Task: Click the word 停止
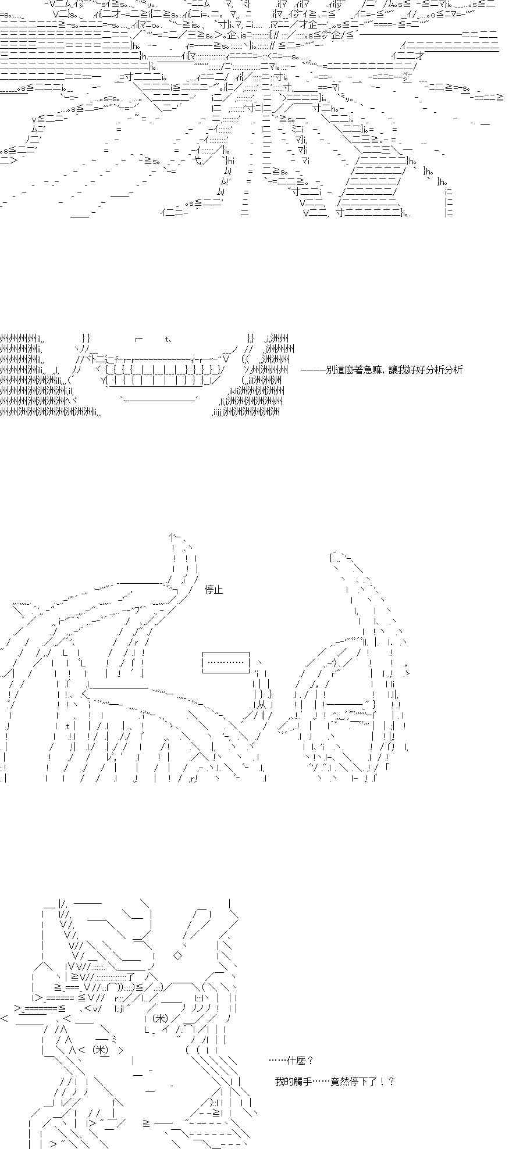tap(213, 590)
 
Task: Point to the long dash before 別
tap(313, 369)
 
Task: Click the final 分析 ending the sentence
tap(454, 369)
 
